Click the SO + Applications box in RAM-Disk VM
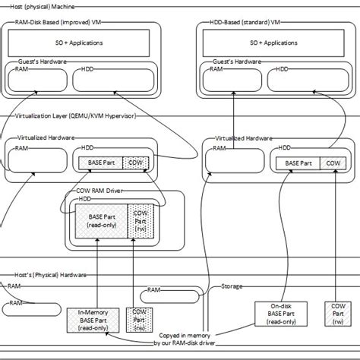(x=81, y=43)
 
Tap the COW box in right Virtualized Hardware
(x=333, y=163)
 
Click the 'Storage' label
(x=232, y=287)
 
